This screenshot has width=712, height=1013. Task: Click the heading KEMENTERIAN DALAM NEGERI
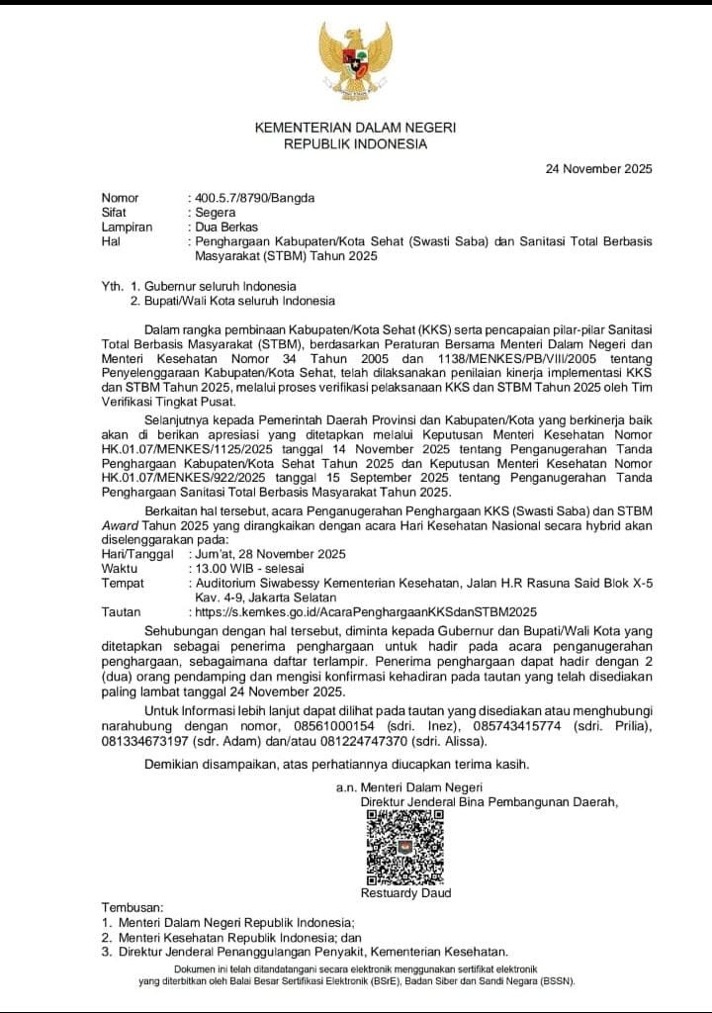(355, 128)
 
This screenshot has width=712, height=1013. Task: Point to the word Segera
(216, 212)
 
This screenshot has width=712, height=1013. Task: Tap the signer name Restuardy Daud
(406, 893)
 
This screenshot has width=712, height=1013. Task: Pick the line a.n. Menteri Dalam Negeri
(401, 786)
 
